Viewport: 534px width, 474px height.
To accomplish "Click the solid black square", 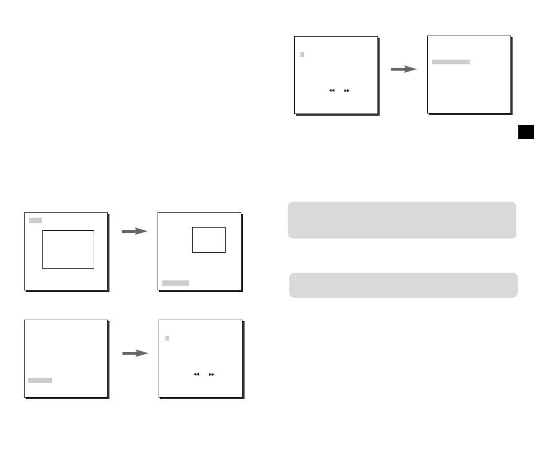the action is (526, 132).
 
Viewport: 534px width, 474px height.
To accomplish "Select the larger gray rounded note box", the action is (402, 220).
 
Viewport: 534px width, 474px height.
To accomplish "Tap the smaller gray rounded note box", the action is (403, 285).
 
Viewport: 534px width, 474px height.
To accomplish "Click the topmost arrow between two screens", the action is (404, 70).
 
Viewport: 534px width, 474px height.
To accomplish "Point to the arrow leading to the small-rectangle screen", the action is (135, 231).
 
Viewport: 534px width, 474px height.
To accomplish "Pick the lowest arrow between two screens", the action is (135, 354).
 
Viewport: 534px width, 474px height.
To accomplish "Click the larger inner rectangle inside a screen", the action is (68, 249).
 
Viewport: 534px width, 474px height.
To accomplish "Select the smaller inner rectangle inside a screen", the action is (209, 240).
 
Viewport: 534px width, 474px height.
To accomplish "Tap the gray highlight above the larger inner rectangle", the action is (36, 220).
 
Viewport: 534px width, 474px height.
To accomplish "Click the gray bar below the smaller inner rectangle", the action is (175, 283).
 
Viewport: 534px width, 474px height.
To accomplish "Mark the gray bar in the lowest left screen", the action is (40, 380).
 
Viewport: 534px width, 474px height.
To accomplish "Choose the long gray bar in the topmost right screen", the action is (451, 62).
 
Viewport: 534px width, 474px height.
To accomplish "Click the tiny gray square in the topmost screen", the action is (302, 54).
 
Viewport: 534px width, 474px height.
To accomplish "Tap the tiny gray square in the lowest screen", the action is (167, 338).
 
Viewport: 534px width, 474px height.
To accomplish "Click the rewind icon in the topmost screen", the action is (331, 91).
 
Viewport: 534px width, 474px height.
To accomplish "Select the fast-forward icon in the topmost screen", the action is (347, 91).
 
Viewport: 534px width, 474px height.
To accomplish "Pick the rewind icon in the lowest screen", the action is (196, 375).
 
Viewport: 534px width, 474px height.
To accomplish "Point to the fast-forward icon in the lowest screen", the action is (212, 375).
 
